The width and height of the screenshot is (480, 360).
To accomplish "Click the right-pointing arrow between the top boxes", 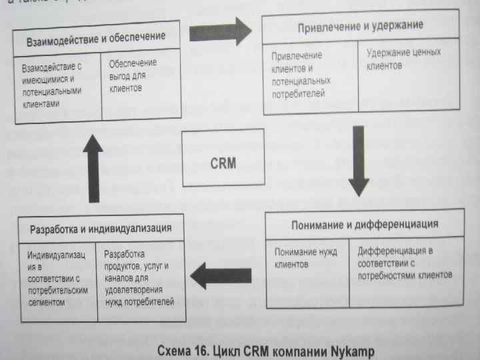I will click(219, 31).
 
